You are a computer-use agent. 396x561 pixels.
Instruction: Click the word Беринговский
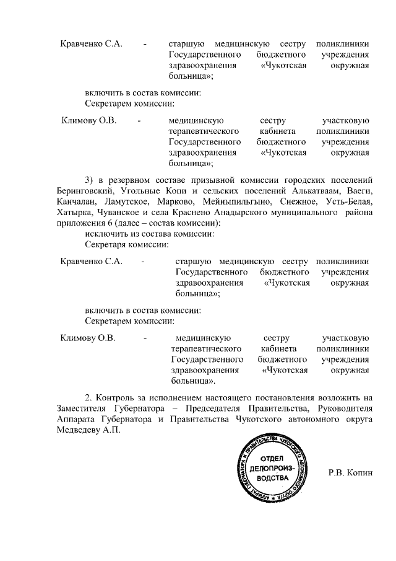point(84,192)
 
